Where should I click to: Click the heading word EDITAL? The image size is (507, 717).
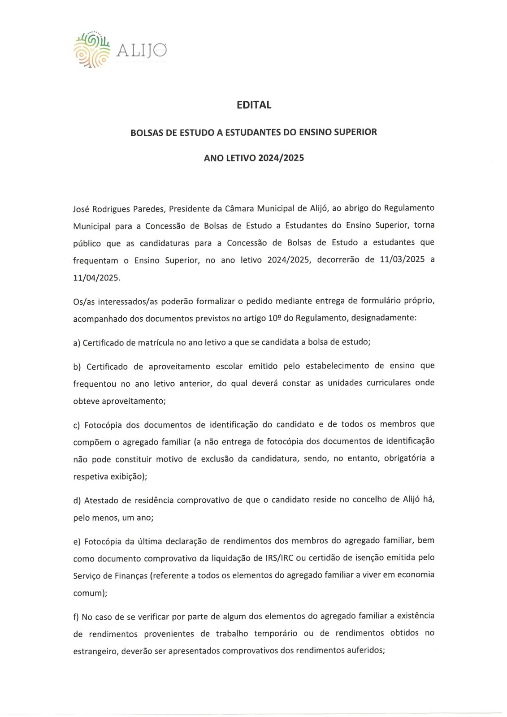tap(253, 105)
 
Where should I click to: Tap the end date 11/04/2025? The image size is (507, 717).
tap(96, 277)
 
